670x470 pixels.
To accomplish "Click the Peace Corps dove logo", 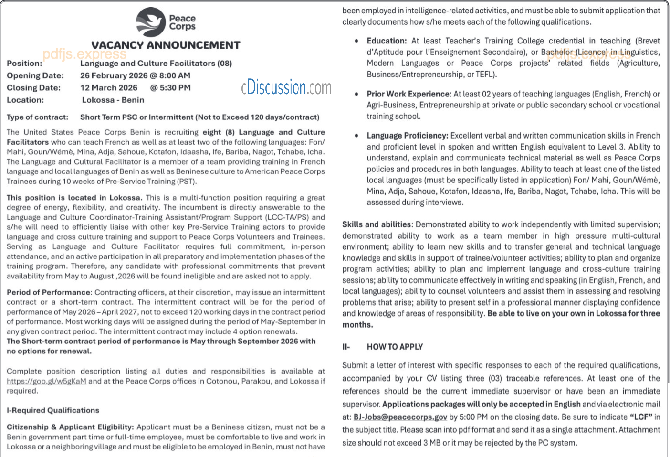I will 151,22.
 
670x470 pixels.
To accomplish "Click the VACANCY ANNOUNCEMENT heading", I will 166,45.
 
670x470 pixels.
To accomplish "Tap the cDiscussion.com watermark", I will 286,87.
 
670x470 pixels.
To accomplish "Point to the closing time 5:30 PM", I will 170,88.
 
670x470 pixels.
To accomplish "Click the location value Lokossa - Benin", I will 113,100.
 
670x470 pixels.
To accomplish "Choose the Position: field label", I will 24,64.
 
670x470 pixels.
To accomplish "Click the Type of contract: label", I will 37,117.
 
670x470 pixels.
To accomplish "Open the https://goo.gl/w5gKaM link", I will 46,381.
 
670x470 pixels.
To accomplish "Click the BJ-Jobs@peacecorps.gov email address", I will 400,417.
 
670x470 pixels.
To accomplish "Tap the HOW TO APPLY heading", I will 395,347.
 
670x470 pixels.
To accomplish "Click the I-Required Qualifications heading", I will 53,410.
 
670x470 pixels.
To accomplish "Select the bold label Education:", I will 387,41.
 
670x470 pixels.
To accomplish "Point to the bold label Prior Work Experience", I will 408,94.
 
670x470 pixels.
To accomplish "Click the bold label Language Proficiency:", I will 407,136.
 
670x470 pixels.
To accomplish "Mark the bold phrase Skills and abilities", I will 377,224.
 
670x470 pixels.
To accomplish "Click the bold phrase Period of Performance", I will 49,292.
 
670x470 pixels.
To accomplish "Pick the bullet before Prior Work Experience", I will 356,94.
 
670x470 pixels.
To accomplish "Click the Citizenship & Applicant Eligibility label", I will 70,427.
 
